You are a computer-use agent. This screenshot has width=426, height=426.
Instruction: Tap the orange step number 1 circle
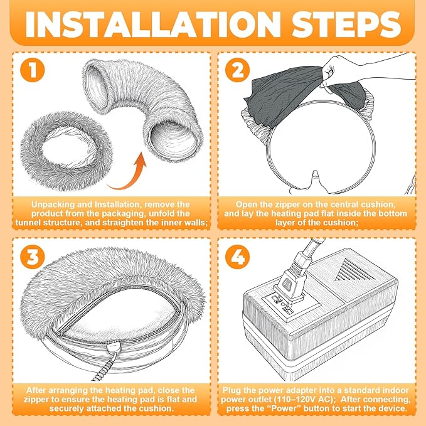tap(33, 70)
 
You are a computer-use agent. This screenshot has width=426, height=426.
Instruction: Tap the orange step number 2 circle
tap(237, 70)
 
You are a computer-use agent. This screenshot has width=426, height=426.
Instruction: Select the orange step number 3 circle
tap(33, 257)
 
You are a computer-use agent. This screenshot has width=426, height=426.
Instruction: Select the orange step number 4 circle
tap(237, 257)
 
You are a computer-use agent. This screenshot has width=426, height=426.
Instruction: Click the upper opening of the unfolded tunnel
tap(95, 82)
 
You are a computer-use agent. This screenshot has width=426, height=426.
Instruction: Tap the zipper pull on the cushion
tap(113, 347)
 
